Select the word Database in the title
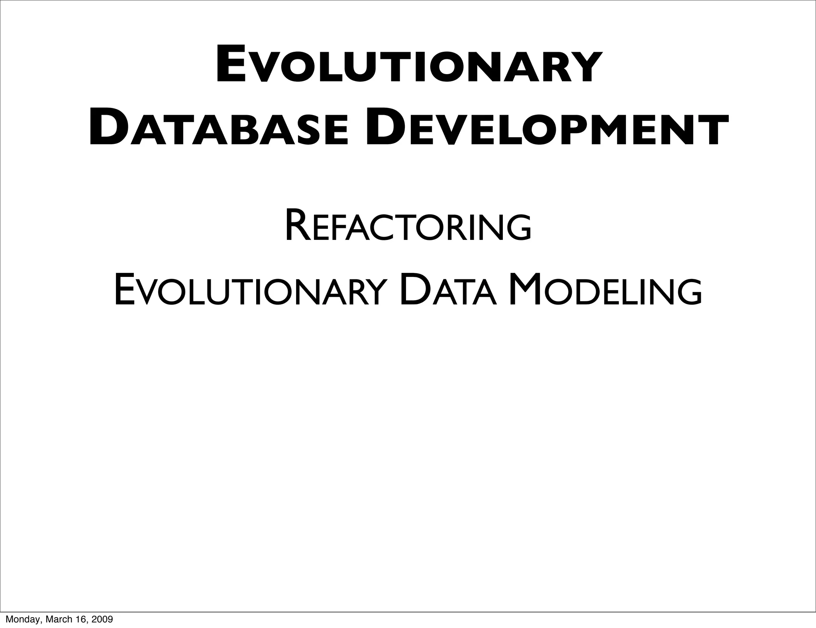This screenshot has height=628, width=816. point(218,127)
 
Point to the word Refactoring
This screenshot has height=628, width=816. point(408,228)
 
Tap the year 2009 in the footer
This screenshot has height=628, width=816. point(102,619)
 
